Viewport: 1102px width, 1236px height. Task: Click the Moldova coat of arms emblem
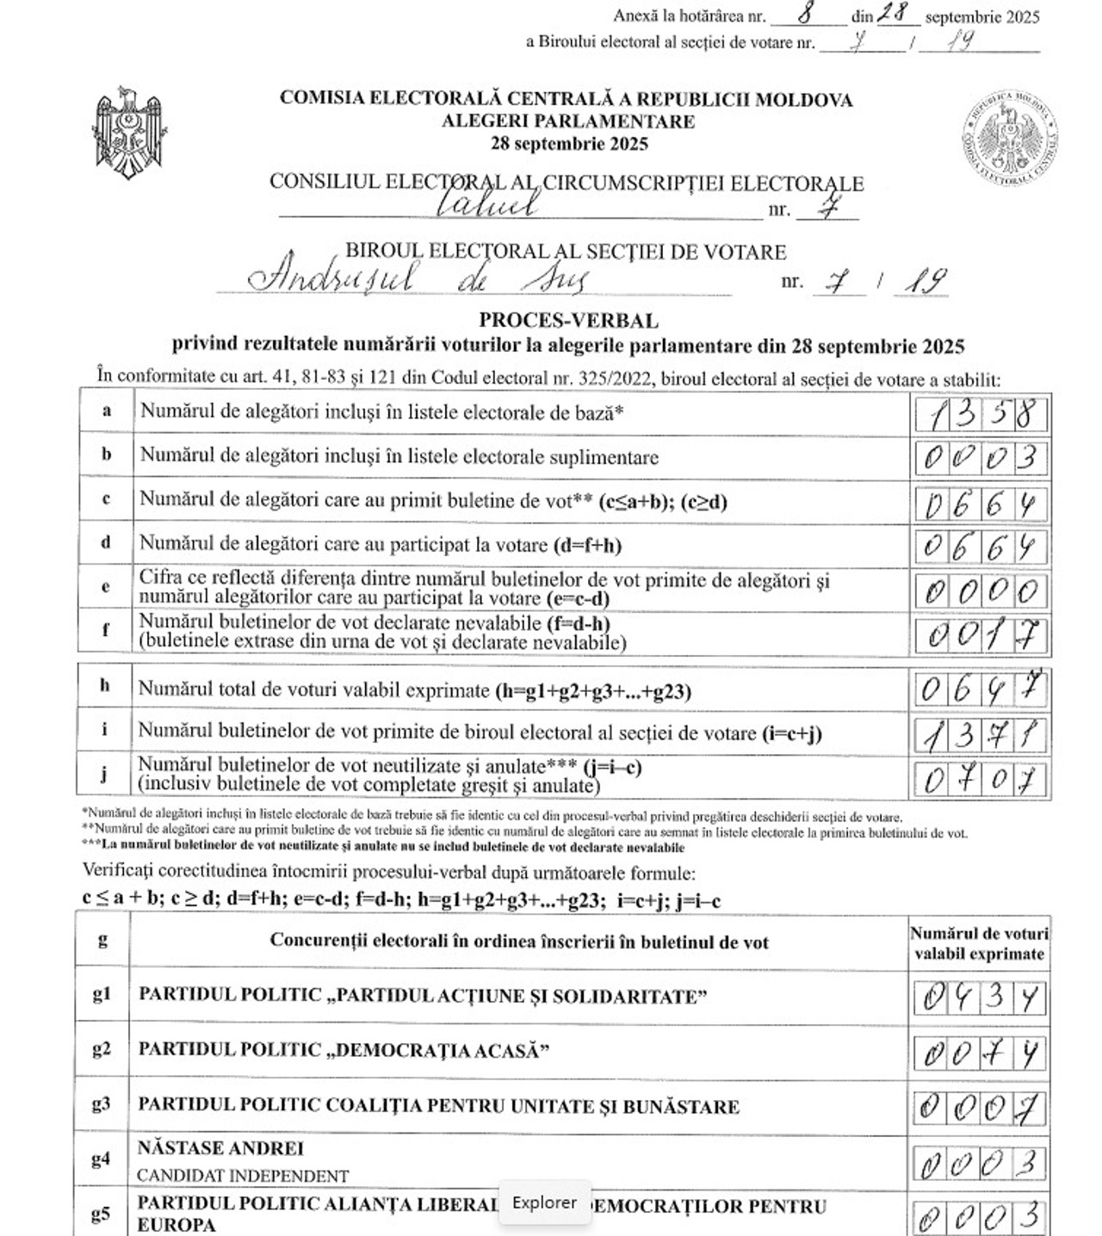pyautogui.click(x=129, y=133)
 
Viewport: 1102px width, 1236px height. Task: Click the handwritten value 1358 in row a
pyautogui.click(x=981, y=415)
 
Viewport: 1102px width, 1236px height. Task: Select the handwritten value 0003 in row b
pyautogui.click(x=981, y=458)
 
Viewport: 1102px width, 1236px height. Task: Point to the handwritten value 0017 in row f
pyautogui.click(x=981, y=636)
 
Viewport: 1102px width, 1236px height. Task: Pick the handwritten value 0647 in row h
pyautogui.click(x=981, y=688)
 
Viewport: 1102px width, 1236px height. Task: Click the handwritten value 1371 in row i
pyautogui.click(x=981, y=734)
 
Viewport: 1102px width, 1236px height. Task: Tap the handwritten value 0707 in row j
pyautogui.click(x=981, y=780)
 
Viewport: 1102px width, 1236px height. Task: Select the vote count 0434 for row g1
pyautogui.click(x=981, y=998)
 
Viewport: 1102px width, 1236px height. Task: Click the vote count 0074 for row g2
pyautogui.click(x=981, y=1053)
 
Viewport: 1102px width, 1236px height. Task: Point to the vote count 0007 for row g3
pyautogui.click(x=981, y=1108)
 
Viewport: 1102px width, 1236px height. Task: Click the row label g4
pyautogui.click(x=102, y=1159)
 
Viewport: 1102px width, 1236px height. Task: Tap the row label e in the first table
pyautogui.click(x=106, y=587)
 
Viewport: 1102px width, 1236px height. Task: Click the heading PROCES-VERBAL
pyautogui.click(x=568, y=320)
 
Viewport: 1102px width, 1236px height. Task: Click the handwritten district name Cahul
pyautogui.click(x=487, y=203)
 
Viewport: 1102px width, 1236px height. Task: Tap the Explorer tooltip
pyautogui.click(x=544, y=1202)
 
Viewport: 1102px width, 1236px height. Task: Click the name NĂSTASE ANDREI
pyautogui.click(x=220, y=1148)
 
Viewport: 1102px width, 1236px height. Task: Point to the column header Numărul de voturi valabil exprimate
pyautogui.click(x=980, y=943)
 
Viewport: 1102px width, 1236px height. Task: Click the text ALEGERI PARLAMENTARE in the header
pyautogui.click(x=568, y=121)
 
